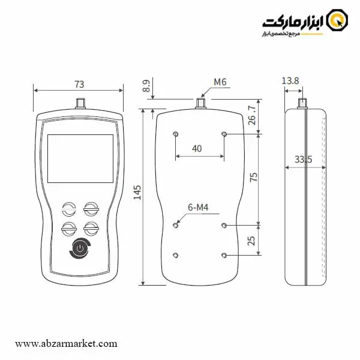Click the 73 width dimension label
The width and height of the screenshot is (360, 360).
pos(79,85)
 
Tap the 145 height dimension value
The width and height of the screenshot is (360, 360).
pos(137,193)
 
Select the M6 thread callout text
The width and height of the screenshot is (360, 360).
pos(220,82)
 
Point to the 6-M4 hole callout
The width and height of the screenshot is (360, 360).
pos(198,208)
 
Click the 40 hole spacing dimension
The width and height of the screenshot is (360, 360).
pos(197,149)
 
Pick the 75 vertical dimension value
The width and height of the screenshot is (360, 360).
pos(253,177)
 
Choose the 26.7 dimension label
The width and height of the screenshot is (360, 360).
pos(252,115)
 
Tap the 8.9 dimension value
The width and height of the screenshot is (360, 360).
pos(146,86)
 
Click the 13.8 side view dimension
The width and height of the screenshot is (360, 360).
pos(290,81)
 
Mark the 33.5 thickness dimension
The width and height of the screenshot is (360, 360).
pos(303,160)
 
